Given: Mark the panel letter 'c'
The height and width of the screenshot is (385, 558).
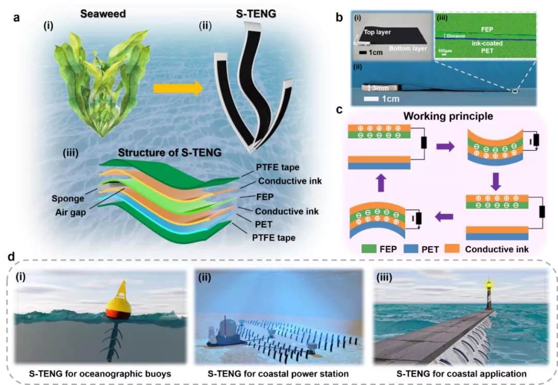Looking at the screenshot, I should point(338,111).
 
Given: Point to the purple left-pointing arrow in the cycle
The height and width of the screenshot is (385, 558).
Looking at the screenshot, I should point(440,219).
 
